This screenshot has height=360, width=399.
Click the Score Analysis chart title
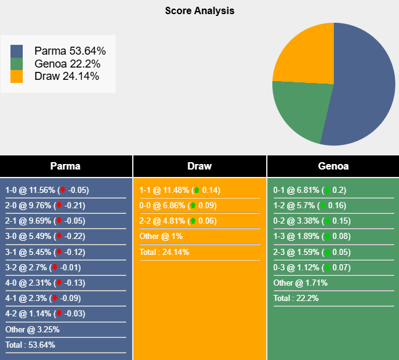199,10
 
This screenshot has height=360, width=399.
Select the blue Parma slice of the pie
363,86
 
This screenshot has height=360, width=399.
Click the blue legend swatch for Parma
17,51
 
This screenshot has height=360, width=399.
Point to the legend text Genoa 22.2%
67,64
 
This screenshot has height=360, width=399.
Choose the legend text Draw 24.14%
67,76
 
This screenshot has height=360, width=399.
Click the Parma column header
65,166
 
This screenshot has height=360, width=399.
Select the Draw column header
199,166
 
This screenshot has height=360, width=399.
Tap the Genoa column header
333,166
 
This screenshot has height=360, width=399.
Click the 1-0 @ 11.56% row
46,190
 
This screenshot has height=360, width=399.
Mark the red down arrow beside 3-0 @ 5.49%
60,237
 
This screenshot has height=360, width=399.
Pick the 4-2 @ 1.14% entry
46,313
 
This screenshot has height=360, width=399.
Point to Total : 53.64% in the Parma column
30,345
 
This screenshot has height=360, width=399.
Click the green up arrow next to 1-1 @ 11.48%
196,190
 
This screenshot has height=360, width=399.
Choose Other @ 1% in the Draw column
161,237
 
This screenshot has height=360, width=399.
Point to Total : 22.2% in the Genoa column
296,299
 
